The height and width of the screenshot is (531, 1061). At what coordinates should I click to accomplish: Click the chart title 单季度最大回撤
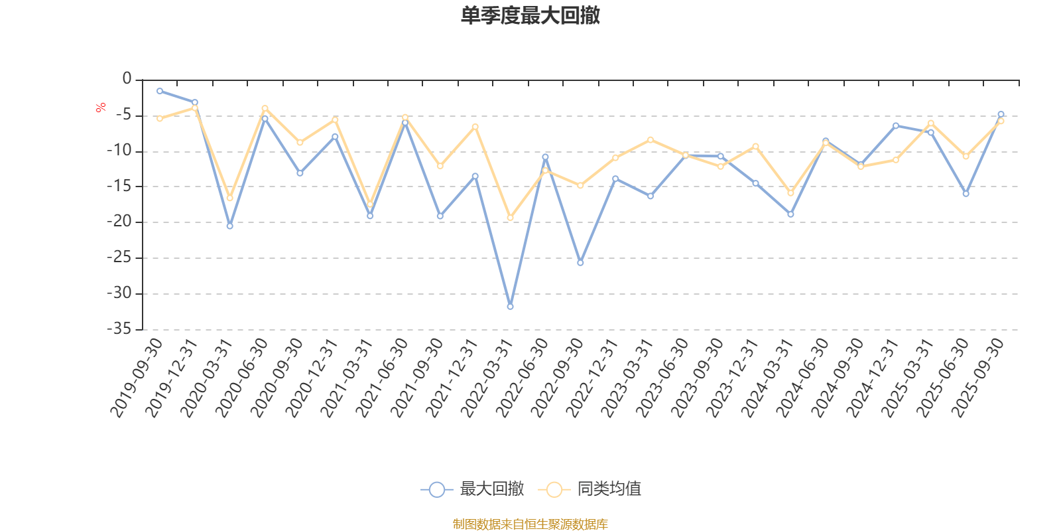tap(530, 16)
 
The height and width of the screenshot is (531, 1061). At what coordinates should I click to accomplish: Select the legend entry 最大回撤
tap(472, 489)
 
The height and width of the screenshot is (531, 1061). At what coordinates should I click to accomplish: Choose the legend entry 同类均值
tap(590, 489)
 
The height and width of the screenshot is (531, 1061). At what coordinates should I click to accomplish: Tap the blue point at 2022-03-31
tap(510, 307)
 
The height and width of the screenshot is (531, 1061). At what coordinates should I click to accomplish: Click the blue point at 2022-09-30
tap(580, 263)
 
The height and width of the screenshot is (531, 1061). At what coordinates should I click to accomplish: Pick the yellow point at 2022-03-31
tap(510, 218)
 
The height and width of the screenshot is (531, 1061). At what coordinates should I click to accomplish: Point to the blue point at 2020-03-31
tap(230, 226)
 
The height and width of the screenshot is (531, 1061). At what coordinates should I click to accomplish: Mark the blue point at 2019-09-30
tap(160, 91)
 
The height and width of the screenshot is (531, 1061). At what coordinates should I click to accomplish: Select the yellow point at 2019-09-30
tap(160, 118)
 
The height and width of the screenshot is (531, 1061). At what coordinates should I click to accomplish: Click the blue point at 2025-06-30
tap(966, 194)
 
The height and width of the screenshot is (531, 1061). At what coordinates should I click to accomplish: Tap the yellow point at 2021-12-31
tap(475, 127)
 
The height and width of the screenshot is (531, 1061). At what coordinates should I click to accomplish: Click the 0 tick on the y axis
tap(127, 79)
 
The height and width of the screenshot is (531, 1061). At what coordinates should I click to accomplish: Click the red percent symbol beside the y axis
tap(101, 108)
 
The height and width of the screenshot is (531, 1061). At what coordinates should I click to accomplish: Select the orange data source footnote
tap(530, 524)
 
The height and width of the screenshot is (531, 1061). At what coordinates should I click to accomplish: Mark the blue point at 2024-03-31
tap(790, 214)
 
